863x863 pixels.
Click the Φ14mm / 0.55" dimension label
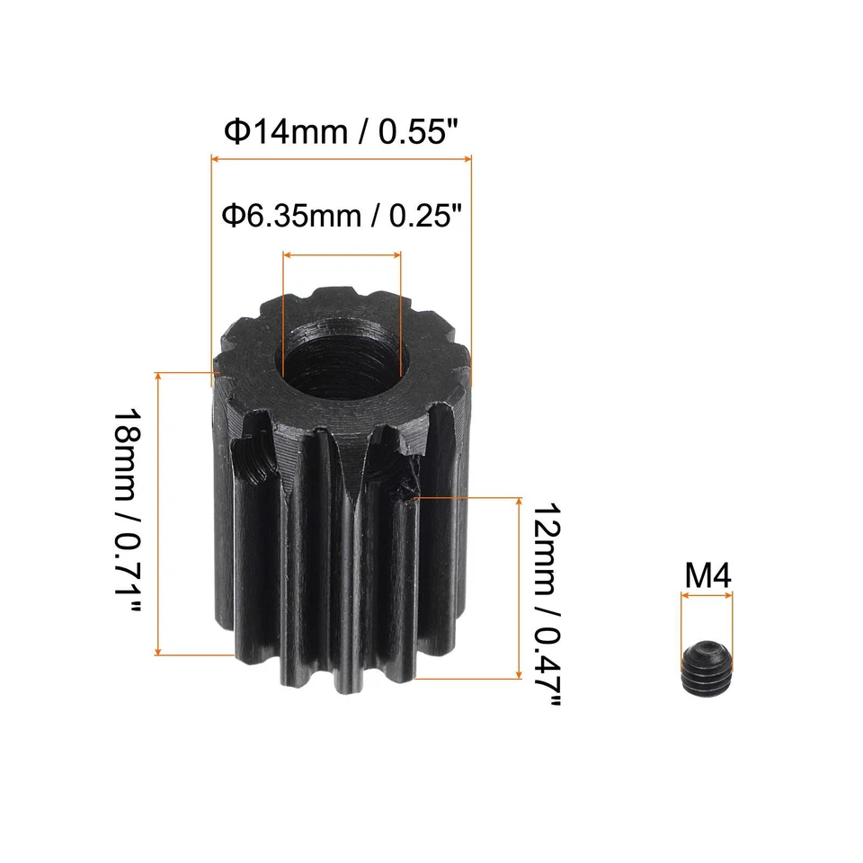[x=342, y=132]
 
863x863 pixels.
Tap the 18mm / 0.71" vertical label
[x=129, y=513]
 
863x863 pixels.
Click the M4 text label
[x=707, y=576]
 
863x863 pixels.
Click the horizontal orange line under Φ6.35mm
[x=342, y=255]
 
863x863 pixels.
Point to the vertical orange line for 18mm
[x=159, y=513]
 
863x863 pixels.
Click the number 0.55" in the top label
[x=420, y=132]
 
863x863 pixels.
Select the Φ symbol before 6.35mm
[x=231, y=216]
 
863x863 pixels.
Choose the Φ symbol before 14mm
[x=233, y=132]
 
